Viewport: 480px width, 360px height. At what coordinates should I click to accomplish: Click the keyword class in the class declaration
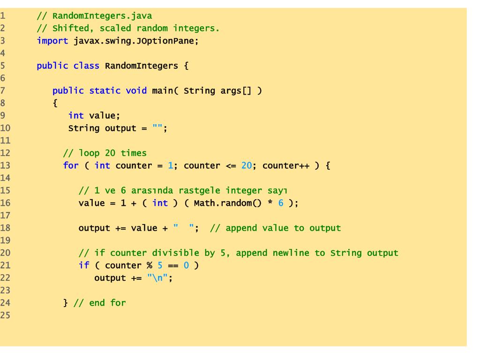tap(86, 66)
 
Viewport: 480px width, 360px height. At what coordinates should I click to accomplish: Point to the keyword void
tap(136, 90)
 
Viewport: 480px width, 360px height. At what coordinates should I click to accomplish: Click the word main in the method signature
tap(163, 90)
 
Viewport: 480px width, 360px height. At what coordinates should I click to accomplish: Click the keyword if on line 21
tap(83, 266)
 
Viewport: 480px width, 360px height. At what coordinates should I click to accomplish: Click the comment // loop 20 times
tap(105, 153)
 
